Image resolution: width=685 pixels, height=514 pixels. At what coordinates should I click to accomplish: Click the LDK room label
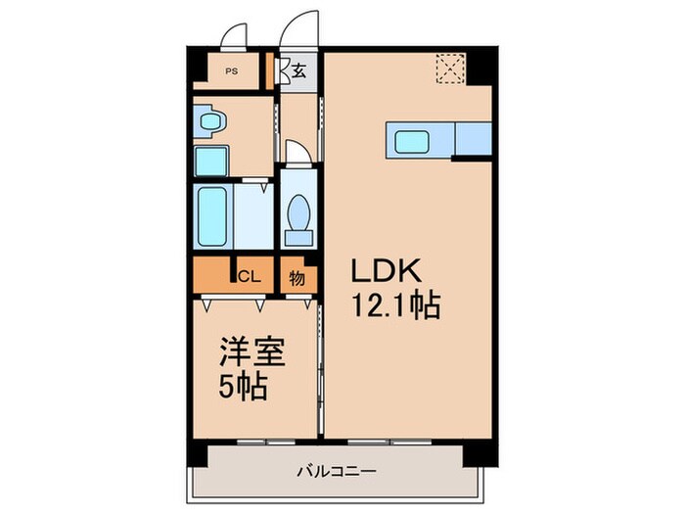click(387, 271)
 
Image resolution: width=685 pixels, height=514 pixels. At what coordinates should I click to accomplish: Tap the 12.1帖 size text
click(395, 304)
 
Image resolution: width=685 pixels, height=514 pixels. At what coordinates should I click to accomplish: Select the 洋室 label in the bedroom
click(252, 351)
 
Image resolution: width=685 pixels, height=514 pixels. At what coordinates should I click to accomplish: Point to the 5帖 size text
click(243, 387)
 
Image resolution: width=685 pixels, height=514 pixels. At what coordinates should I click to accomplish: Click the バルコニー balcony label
click(337, 472)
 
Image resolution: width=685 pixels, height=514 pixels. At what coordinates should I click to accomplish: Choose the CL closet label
click(249, 276)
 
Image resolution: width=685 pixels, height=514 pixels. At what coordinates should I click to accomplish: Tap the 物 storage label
click(297, 278)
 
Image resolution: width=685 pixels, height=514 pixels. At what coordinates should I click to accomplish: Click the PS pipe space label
click(232, 70)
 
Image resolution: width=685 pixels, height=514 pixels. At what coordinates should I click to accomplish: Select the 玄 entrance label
click(298, 70)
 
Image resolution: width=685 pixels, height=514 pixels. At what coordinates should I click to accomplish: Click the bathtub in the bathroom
click(212, 216)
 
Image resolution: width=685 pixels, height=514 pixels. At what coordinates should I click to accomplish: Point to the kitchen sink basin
click(412, 142)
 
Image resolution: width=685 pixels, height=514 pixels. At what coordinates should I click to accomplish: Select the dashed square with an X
click(450, 69)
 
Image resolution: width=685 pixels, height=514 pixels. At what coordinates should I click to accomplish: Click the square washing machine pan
click(211, 161)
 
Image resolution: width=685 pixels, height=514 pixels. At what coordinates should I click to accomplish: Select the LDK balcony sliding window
click(389, 442)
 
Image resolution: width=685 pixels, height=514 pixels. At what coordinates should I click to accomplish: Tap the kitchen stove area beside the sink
click(474, 139)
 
